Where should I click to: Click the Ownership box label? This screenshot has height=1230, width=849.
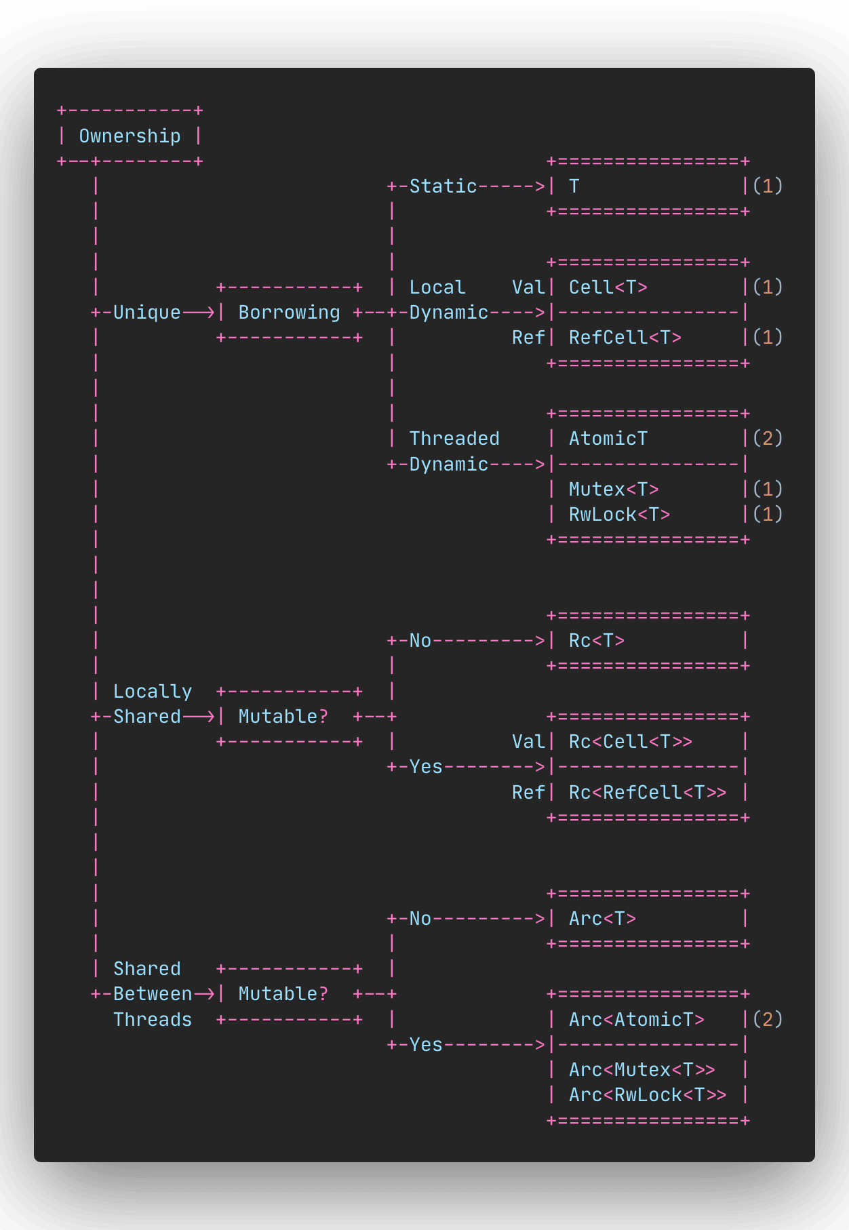(130, 136)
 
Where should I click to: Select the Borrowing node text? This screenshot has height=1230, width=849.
(289, 313)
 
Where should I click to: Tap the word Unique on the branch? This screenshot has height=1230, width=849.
(146, 313)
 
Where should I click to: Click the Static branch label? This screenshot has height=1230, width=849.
(443, 186)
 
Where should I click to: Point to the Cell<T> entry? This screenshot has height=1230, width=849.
(608, 287)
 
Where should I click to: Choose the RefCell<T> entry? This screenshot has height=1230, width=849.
(625, 338)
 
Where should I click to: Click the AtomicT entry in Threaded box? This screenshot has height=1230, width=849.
(608, 439)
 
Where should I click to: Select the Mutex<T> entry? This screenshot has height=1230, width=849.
(613, 490)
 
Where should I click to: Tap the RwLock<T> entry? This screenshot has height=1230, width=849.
(618, 515)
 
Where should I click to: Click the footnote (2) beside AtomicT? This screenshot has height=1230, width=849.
(768, 439)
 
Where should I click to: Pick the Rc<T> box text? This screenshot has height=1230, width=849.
(596, 641)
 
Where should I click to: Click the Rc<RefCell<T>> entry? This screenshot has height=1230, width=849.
(647, 793)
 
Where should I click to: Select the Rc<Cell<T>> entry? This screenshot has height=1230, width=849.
(630, 742)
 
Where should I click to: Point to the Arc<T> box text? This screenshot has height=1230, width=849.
(601, 919)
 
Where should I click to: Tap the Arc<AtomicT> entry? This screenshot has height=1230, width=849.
(636, 1020)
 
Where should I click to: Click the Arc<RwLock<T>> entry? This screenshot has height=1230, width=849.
(647, 1095)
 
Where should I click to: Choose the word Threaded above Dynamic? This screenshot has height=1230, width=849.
(454, 439)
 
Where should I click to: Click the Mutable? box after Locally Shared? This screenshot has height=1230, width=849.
(283, 717)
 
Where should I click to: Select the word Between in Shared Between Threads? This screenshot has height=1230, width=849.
(152, 994)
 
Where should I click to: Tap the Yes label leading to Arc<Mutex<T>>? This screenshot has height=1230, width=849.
(426, 1045)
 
